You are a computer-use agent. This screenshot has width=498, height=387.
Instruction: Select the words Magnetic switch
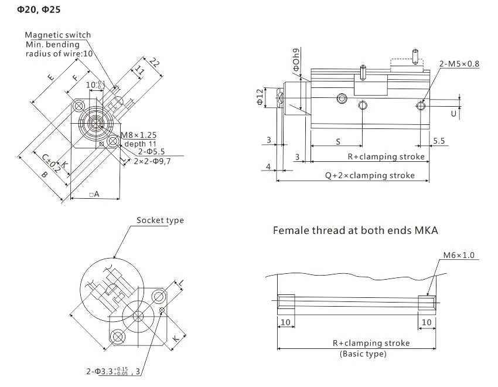click(58, 35)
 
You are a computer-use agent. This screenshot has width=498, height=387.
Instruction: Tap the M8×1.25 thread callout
click(139, 135)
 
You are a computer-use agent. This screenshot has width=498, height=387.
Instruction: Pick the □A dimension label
click(94, 193)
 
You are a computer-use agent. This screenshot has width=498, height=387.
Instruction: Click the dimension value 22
click(155, 62)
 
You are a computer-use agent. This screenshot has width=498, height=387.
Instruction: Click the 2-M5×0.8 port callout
click(459, 63)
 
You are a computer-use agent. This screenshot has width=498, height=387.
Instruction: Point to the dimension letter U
click(453, 114)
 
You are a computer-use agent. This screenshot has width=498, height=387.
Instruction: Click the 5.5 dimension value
click(439, 142)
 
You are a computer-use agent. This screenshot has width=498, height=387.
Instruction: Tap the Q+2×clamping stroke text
click(370, 175)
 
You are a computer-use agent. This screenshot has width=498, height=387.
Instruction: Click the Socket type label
click(160, 220)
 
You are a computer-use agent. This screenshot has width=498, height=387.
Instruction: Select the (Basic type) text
click(363, 354)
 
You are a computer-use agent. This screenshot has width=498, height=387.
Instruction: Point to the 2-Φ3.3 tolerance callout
click(111, 371)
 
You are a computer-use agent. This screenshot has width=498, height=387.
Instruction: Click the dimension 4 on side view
click(268, 168)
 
